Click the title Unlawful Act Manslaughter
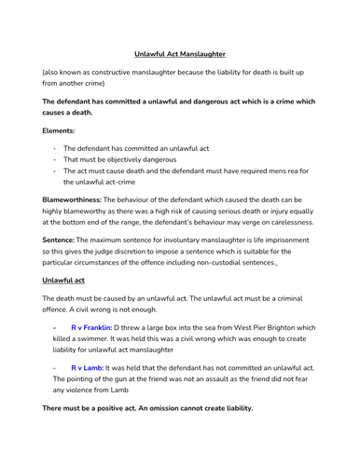180,54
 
